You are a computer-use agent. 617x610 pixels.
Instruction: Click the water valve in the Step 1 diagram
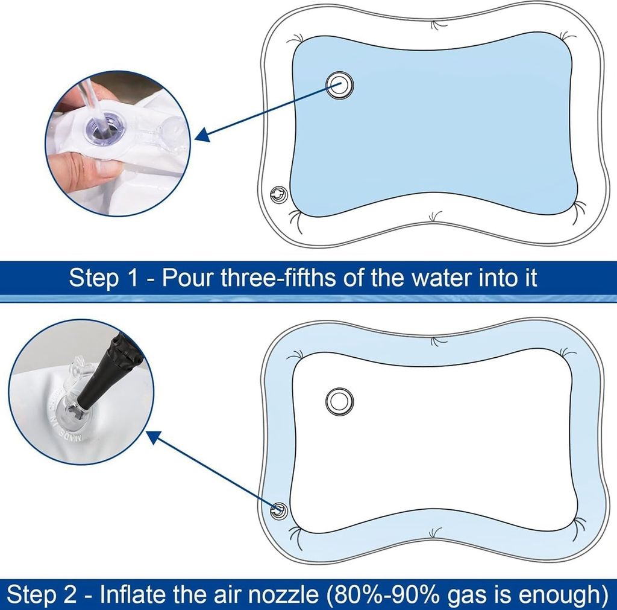pyautogui.click(x=340, y=84)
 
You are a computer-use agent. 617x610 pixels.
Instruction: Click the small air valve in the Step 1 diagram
pyautogui.click(x=279, y=194)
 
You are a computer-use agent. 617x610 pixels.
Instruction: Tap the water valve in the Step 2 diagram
pyautogui.click(x=340, y=401)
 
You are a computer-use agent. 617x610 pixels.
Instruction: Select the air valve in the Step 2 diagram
pyautogui.click(x=279, y=511)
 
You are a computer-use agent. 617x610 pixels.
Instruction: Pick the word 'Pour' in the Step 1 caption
pyautogui.click(x=188, y=278)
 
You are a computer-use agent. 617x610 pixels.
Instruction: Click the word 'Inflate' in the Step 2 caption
pyautogui.click(x=130, y=595)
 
